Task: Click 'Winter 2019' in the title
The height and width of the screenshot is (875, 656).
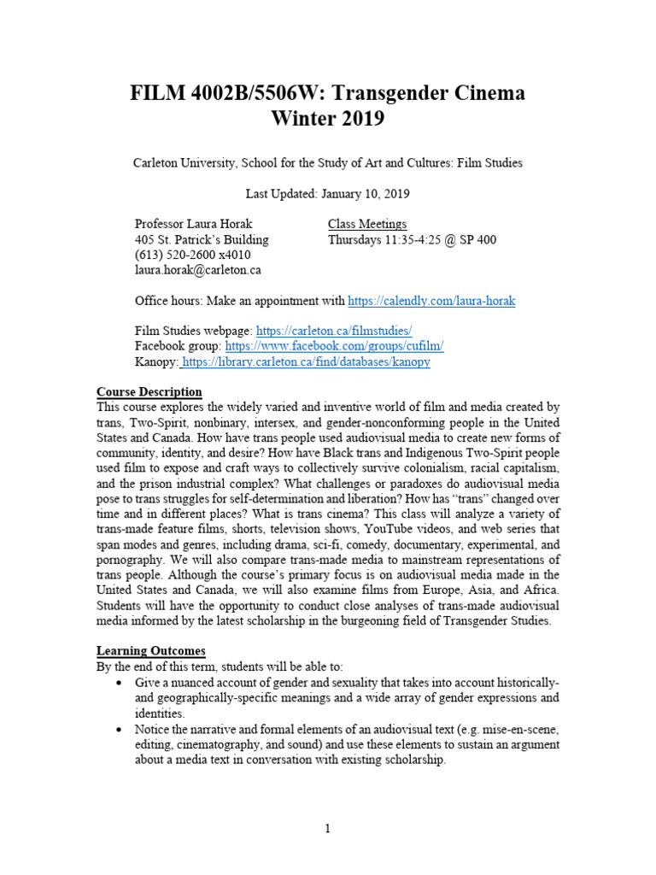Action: pyautogui.click(x=328, y=119)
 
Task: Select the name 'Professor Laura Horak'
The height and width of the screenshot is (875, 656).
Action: pyautogui.click(x=193, y=224)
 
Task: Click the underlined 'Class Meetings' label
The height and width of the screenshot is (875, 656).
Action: pyautogui.click(x=367, y=224)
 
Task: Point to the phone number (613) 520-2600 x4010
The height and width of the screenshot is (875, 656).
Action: pyautogui.click(x=192, y=255)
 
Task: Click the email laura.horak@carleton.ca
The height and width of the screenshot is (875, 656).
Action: pyautogui.click(x=198, y=270)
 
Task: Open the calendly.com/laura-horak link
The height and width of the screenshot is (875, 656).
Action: pyautogui.click(x=431, y=301)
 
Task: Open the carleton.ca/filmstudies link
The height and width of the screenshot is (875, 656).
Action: pyautogui.click(x=334, y=331)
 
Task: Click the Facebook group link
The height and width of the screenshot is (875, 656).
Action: pyautogui.click(x=334, y=346)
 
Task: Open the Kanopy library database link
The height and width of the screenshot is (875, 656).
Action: pyautogui.click(x=306, y=361)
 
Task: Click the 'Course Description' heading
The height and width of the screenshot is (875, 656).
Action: pyautogui.click(x=149, y=392)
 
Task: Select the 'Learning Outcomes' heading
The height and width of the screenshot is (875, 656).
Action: pyautogui.click(x=151, y=651)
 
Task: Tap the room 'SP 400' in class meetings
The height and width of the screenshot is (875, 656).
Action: pyautogui.click(x=478, y=239)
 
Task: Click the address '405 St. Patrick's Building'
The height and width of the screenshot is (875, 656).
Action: pyautogui.click(x=202, y=239)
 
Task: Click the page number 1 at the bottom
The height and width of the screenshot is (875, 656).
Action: pyautogui.click(x=328, y=828)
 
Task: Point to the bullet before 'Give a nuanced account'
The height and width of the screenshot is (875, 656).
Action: pyautogui.click(x=118, y=683)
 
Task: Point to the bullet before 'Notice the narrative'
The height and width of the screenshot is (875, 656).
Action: pyautogui.click(x=118, y=729)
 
